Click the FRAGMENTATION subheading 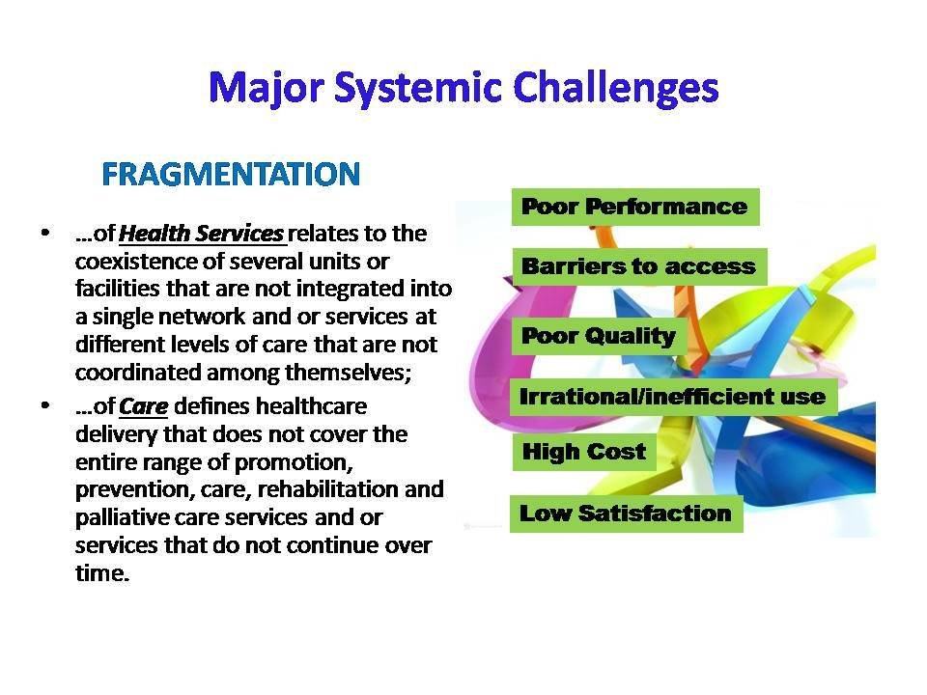coord(231,175)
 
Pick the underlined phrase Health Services coord(202,234)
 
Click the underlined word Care coord(144,406)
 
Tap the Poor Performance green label coord(635,207)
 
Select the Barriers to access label coord(639,266)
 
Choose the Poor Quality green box coord(599,336)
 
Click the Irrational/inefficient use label coord(673,397)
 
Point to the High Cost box coord(584,452)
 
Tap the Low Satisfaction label coord(626,514)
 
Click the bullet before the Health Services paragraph coord(45,233)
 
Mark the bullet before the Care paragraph coord(45,405)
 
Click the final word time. coord(102,573)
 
